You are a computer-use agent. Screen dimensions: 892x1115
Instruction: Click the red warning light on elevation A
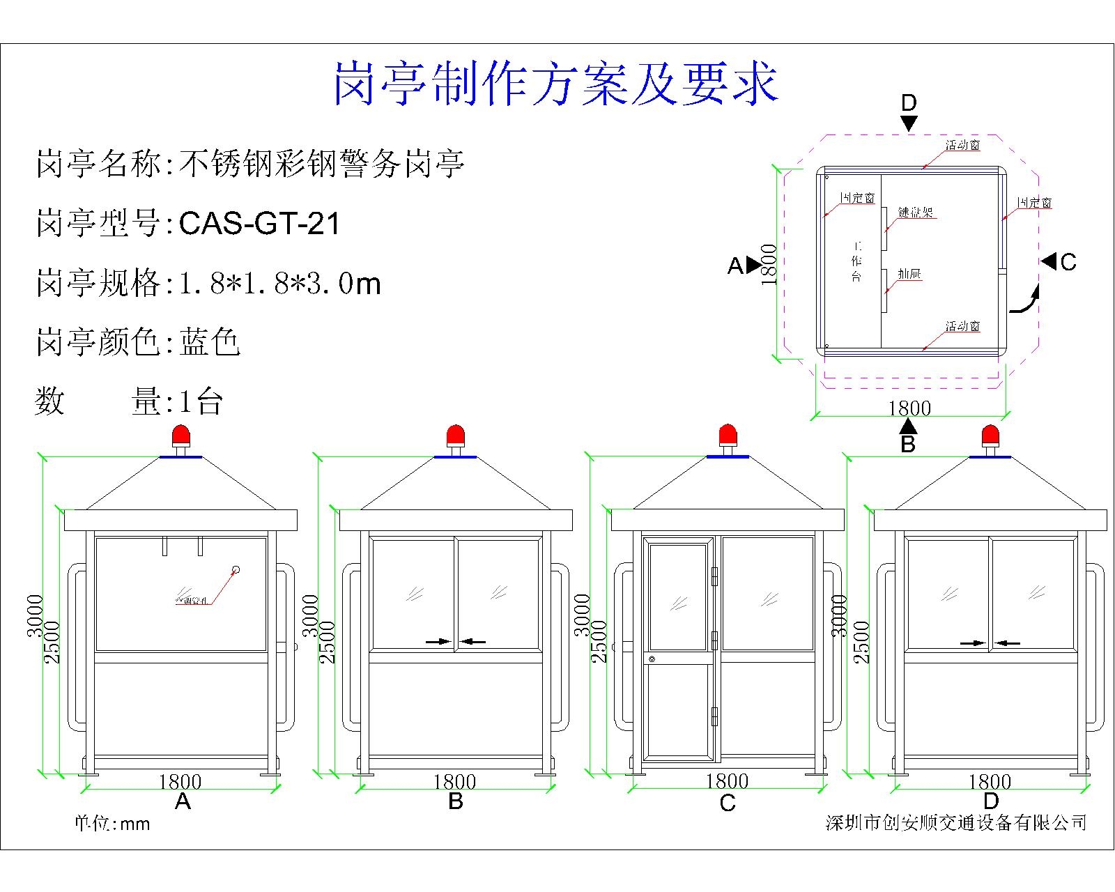181,436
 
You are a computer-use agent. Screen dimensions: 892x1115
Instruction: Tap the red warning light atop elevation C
728,436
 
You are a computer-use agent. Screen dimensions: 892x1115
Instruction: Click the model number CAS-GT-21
259,224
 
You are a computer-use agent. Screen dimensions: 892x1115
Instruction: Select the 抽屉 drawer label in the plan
909,275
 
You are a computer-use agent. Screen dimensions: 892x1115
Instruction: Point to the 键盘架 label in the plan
915,213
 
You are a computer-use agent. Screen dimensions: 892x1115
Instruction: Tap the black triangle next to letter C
1049,261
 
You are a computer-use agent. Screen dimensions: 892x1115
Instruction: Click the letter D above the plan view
909,103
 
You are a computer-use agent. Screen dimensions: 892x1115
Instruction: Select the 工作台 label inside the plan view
856,261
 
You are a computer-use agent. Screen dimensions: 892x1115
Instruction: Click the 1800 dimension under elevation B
454,782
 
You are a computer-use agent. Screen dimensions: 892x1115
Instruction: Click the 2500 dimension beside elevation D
862,641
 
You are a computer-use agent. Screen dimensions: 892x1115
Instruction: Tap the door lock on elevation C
652,659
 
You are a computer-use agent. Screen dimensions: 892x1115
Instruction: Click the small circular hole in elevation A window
236,570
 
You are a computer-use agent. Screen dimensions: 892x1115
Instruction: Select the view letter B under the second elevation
455,801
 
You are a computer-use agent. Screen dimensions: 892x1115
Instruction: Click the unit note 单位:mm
112,824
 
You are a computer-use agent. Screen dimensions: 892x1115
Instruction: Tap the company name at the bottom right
956,823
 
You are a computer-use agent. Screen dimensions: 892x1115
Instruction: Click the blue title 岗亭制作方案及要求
555,84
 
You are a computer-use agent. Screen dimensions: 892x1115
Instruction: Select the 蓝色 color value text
210,342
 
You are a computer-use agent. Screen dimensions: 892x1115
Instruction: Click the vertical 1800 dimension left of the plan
769,264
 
